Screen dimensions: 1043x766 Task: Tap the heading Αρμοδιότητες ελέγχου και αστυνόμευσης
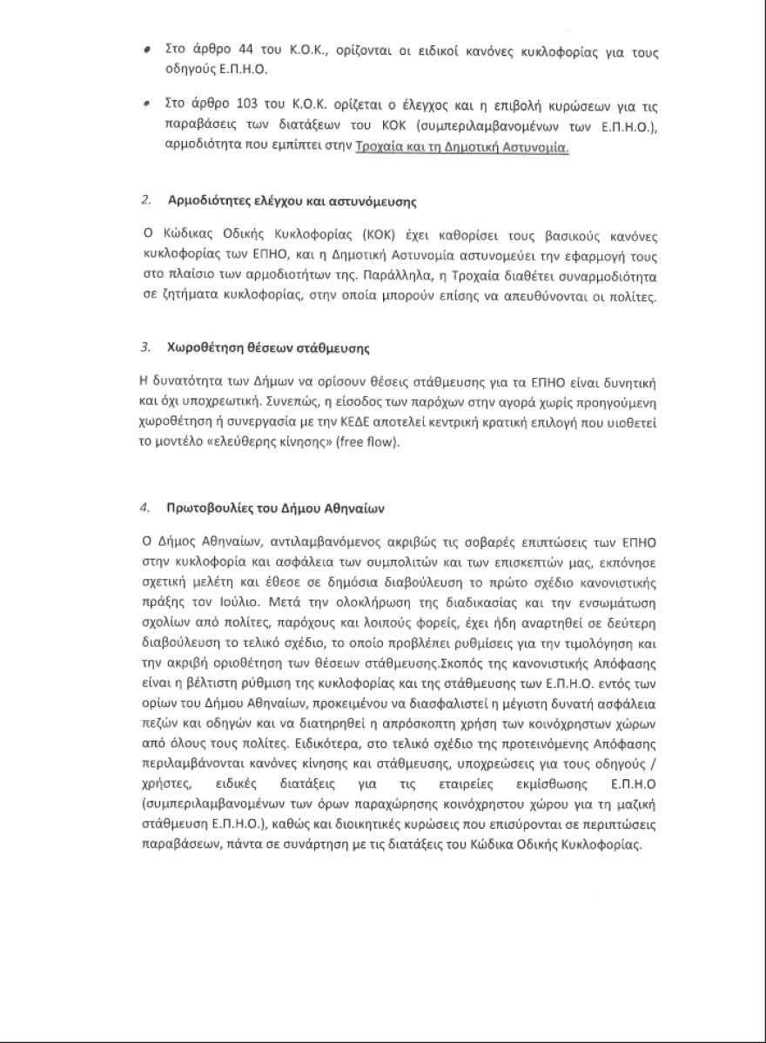click(292, 202)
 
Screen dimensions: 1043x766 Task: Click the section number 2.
click(145, 202)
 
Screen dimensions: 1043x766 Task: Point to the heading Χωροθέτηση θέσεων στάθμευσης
click(269, 349)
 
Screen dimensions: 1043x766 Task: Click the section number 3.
click(145, 349)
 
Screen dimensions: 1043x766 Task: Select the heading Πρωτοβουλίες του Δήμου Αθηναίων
click(272, 507)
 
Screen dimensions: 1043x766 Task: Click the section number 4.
click(145, 507)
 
